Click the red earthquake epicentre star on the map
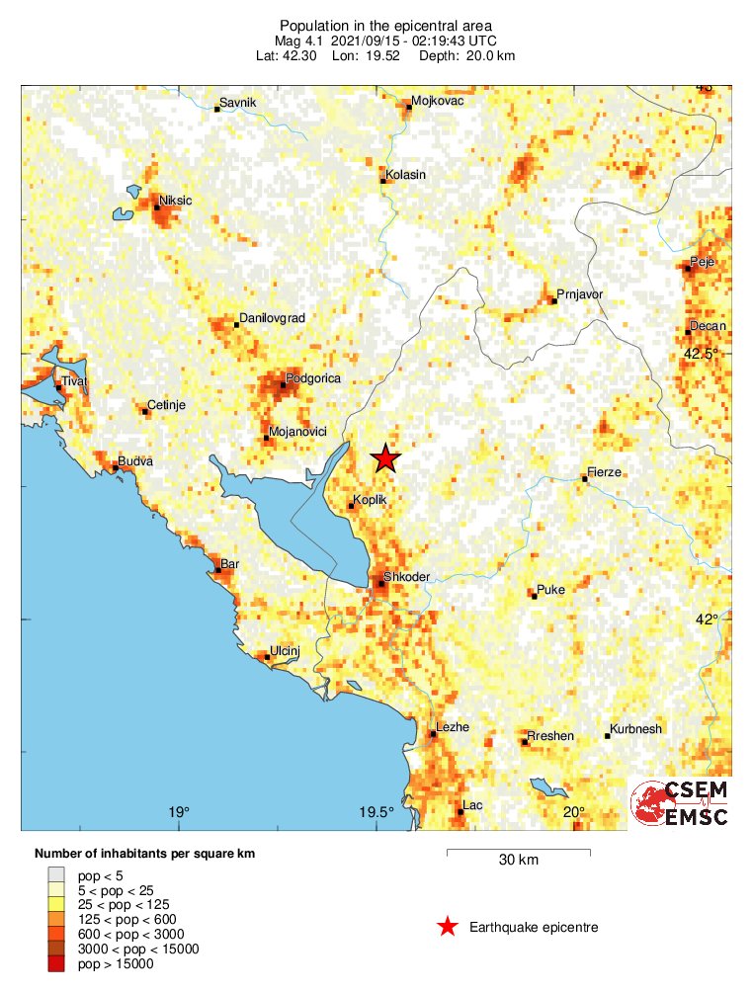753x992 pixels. pos(385,458)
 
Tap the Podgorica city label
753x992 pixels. pos(312,378)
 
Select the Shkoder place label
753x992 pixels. pos(404,578)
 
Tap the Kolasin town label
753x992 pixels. pos(406,175)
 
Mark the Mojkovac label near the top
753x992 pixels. pos(436,101)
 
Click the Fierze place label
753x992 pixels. pos(604,472)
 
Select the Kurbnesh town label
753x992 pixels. pos(636,729)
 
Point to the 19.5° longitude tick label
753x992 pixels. pos(376,813)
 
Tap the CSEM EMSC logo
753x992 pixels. pos(681,803)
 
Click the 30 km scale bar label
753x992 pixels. pos(518,861)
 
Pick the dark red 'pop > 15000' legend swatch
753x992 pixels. pos(59,963)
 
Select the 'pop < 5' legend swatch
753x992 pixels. pos(59,874)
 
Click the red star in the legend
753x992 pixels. pos(448,927)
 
